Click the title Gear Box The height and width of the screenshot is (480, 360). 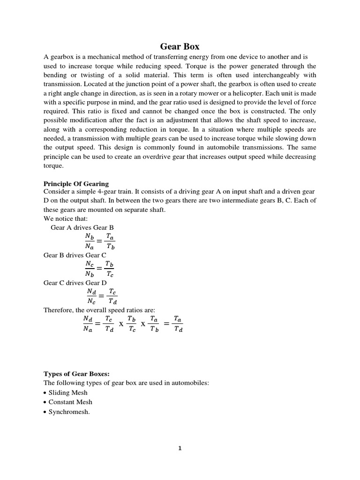point(180,46)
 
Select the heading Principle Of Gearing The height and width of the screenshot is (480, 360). point(76,183)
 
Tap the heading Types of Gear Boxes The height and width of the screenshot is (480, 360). point(76,374)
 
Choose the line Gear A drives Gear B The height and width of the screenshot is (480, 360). point(82,227)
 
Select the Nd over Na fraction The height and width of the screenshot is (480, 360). point(88,324)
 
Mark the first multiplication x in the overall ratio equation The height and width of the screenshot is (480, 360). point(120,324)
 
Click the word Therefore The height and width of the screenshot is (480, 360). point(59,310)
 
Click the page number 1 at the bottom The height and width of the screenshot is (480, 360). point(180,448)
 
